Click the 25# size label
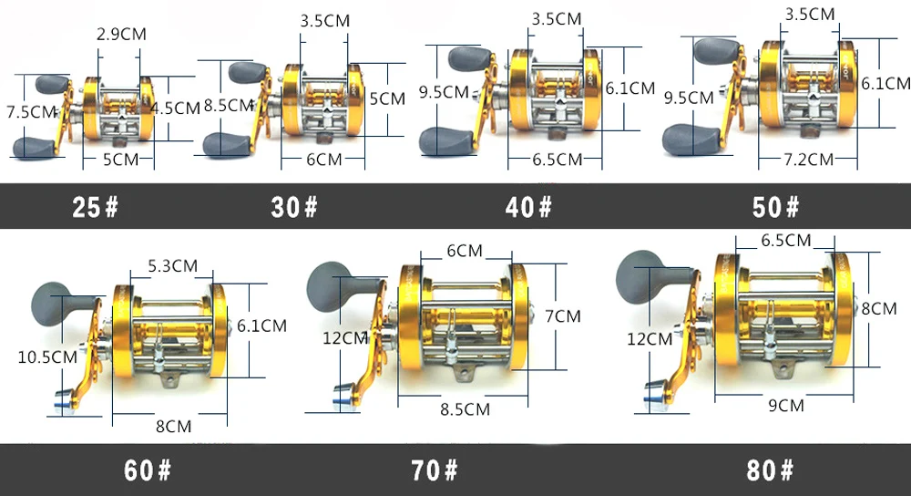pos(96,207)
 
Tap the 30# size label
pos(294,207)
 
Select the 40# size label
pos(528,207)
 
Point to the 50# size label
pos(775,207)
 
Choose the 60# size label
pos(148,470)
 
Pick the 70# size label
pos(434,470)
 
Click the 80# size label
pos(770,470)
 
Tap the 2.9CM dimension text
pos(121,35)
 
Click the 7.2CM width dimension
pos(809,160)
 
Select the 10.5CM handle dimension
pos(47,357)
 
